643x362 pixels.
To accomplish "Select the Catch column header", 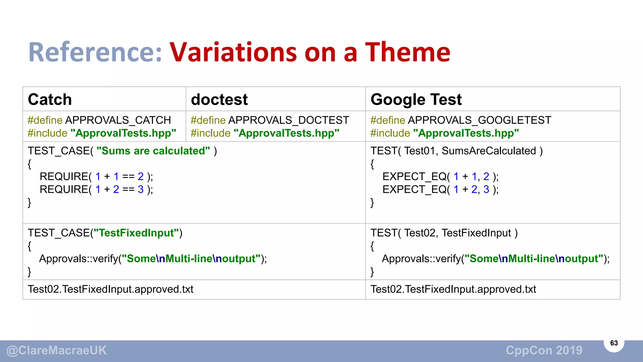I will pyautogui.click(x=50, y=100).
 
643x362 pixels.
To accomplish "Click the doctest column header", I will pyautogui.click(x=219, y=100).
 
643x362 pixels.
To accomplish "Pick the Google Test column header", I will pyautogui.click(x=416, y=100).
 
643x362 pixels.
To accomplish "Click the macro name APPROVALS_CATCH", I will pyautogui.click(x=118, y=120).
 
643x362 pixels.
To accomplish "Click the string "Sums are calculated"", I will pyautogui.click(x=153, y=151).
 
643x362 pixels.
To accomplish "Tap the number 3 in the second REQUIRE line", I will pyautogui.click(x=141, y=189).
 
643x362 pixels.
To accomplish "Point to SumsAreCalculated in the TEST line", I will pyautogui.click(x=489, y=151).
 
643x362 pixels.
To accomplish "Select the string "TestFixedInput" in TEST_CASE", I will pyautogui.click(x=136, y=233).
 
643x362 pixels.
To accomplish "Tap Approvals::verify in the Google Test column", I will pyautogui.click(x=421, y=259).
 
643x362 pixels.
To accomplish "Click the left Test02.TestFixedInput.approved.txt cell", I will pyautogui.click(x=111, y=289).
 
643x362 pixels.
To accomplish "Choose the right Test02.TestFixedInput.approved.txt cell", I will pyautogui.click(x=453, y=289).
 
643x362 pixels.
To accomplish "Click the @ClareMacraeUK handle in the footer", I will pyautogui.click(x=57, y=350).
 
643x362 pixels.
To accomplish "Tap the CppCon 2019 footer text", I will pyautogui.click(x=544, y=350).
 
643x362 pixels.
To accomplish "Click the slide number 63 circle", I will pyautogui.click(x=614, y=343).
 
